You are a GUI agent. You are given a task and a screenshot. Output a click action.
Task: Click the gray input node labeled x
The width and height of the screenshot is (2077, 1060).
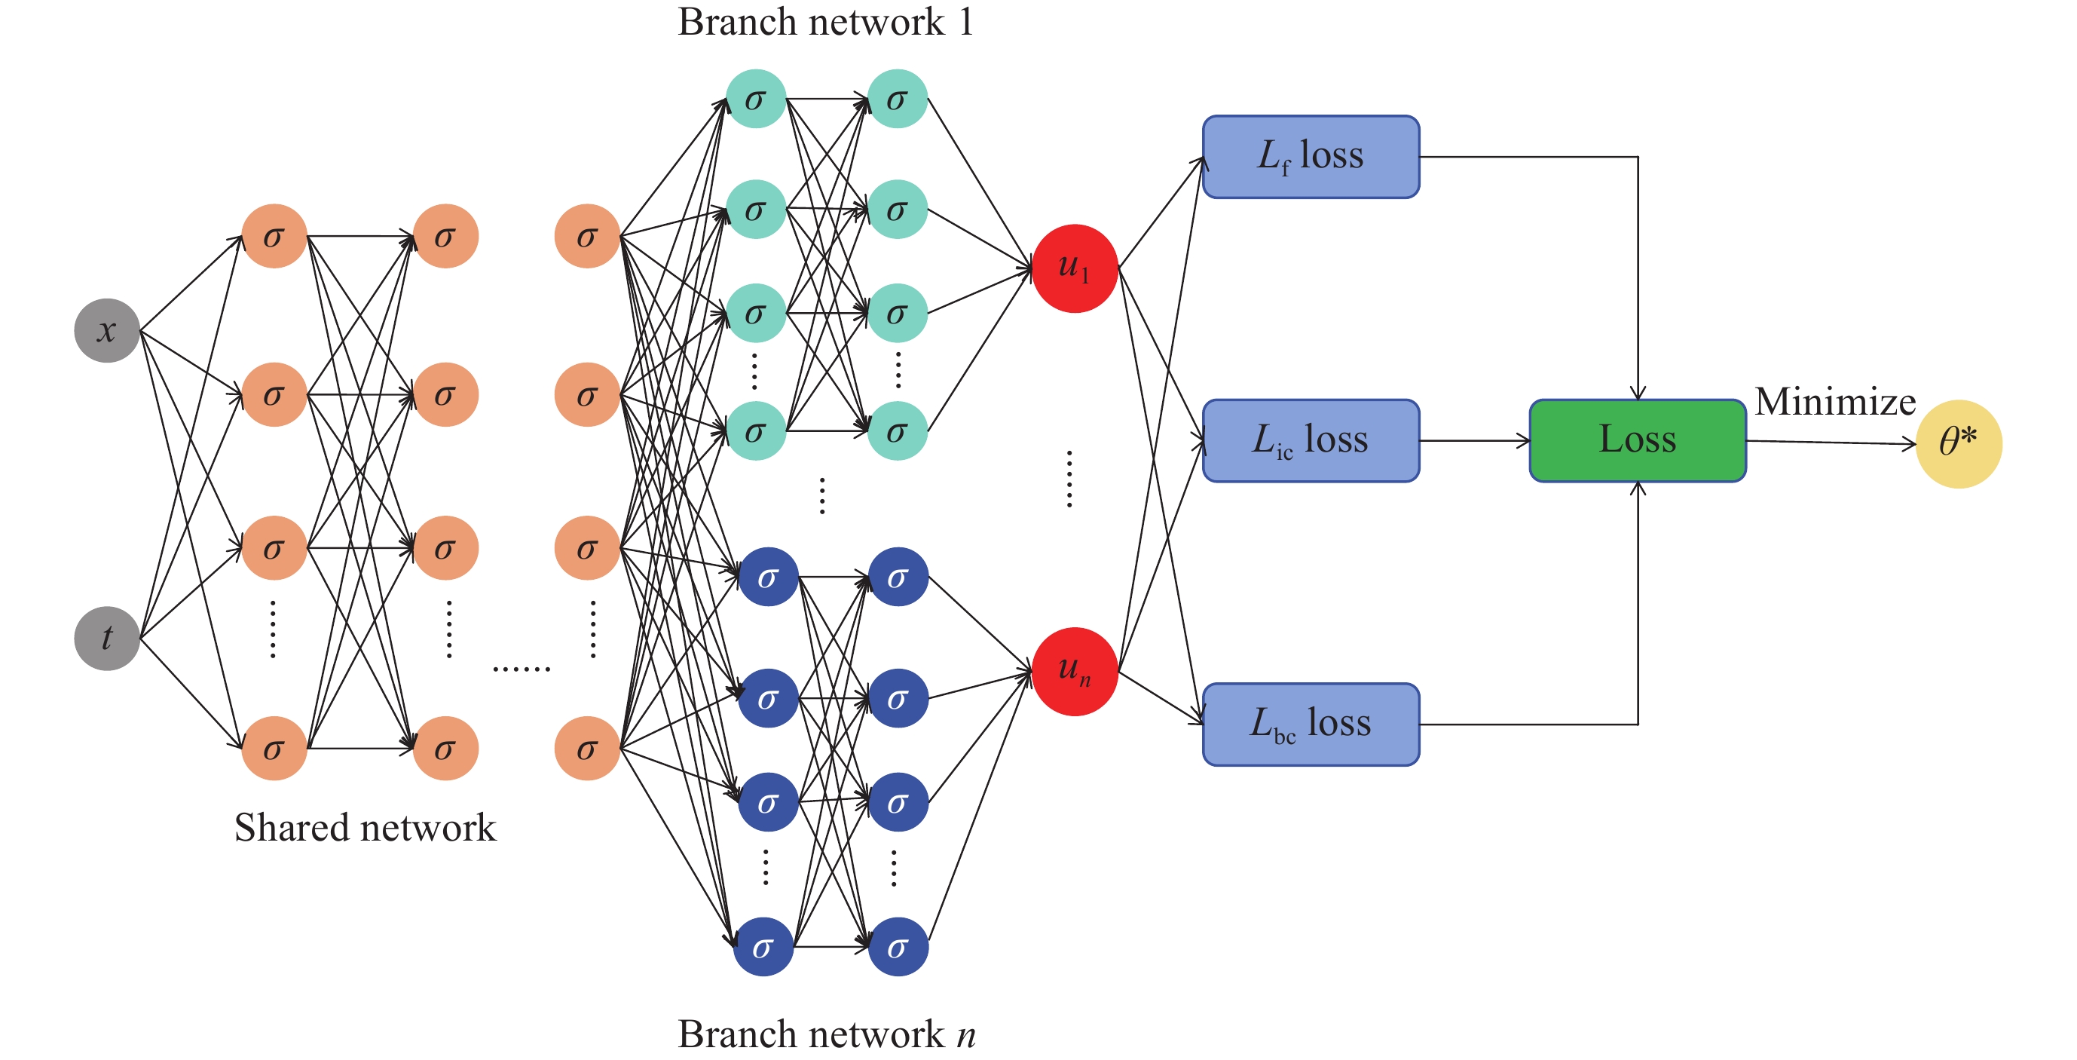point(107,331)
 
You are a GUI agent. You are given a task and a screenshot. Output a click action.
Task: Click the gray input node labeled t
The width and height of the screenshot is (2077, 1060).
point(107,638)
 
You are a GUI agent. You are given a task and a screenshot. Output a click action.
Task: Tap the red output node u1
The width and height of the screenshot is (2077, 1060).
point(1074,268)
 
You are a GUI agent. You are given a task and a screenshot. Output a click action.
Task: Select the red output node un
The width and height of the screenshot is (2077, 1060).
point(1074,671)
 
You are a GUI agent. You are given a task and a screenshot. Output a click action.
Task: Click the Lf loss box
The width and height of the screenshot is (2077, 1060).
point(1311,157)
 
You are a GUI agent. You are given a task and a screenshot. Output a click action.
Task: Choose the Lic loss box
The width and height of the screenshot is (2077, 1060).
point(1311,440)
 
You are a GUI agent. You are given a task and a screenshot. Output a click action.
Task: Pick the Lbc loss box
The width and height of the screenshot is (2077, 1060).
point(1311,724)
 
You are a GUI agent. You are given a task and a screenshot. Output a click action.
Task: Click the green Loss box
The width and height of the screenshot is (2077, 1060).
point(1638,440)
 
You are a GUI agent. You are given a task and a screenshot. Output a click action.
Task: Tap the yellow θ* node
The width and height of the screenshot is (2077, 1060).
point(1959,444)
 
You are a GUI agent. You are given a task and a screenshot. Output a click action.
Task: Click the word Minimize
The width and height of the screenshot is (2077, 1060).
point(1834,402)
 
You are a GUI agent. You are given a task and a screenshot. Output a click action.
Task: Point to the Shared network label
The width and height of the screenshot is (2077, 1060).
point(366,828)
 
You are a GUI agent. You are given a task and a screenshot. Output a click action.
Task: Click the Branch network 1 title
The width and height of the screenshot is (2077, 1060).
point(826,22)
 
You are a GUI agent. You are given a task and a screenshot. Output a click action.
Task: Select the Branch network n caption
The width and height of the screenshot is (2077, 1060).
point(826,1034)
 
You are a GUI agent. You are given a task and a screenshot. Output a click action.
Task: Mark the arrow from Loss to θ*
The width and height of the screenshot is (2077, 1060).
point(1831,442)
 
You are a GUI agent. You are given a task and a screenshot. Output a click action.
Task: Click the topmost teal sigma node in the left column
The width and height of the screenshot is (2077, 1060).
point(755,100)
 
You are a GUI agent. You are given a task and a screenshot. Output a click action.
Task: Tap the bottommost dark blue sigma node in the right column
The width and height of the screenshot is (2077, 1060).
point(898,947)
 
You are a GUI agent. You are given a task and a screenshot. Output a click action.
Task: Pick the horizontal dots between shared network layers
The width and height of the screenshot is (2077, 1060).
point(521,669)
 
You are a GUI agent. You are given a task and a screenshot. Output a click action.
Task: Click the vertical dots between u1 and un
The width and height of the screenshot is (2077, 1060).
point(1069,479)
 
